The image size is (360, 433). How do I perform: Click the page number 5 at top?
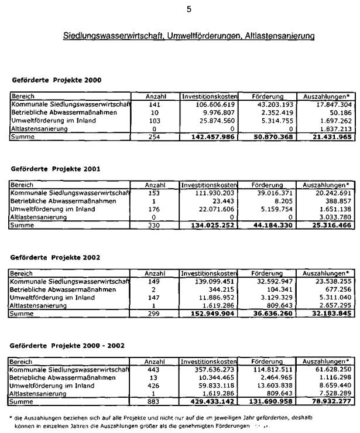point(188,9)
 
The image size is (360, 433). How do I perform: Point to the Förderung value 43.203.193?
point(268,104)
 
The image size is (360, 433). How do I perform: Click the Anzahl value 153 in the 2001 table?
point(155,193)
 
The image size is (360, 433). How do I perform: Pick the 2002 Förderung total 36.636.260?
point(267,314)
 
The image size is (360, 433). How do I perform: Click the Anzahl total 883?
point(155,403)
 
